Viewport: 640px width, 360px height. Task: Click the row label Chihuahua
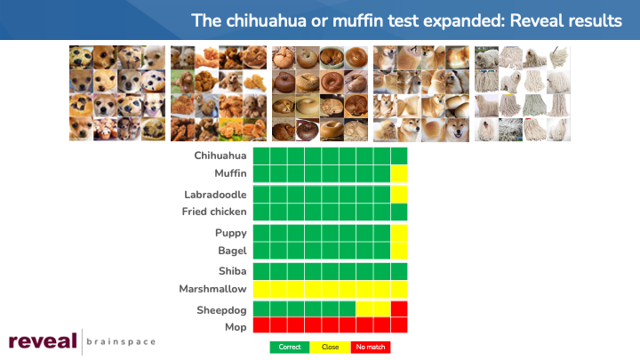(x=220, y=156)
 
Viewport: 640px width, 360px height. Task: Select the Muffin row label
(x=230, y=173)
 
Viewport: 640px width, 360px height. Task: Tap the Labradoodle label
(x=215, y=195)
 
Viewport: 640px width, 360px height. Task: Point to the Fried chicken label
(x=214, y=212)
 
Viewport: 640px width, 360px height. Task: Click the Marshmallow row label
(x=212, y=289)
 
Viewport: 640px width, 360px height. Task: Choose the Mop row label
(x=236, y=327)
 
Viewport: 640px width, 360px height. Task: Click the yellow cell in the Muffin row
(x=399, y=174)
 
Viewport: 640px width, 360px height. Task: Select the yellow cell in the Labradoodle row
(x=399, y=195)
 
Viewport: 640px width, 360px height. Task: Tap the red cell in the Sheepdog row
(x=399, y=309)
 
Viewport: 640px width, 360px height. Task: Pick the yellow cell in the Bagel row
(x=399, y=251)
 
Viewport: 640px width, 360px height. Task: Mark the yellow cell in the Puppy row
(x=399, y=233)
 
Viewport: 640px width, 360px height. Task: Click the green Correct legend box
(x=290, y=347)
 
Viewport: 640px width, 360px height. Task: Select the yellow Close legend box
(x=330, y=347)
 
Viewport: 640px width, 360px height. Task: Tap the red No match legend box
(x=370, y=347)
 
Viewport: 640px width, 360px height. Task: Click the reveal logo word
(x=43, y=340)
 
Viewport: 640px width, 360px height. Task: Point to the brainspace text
(x=121, y=341)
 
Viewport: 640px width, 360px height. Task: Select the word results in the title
(x=595, y=20)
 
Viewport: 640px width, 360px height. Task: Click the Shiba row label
(x=232, y=271)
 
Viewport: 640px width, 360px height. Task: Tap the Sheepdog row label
(x=221, y=310)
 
